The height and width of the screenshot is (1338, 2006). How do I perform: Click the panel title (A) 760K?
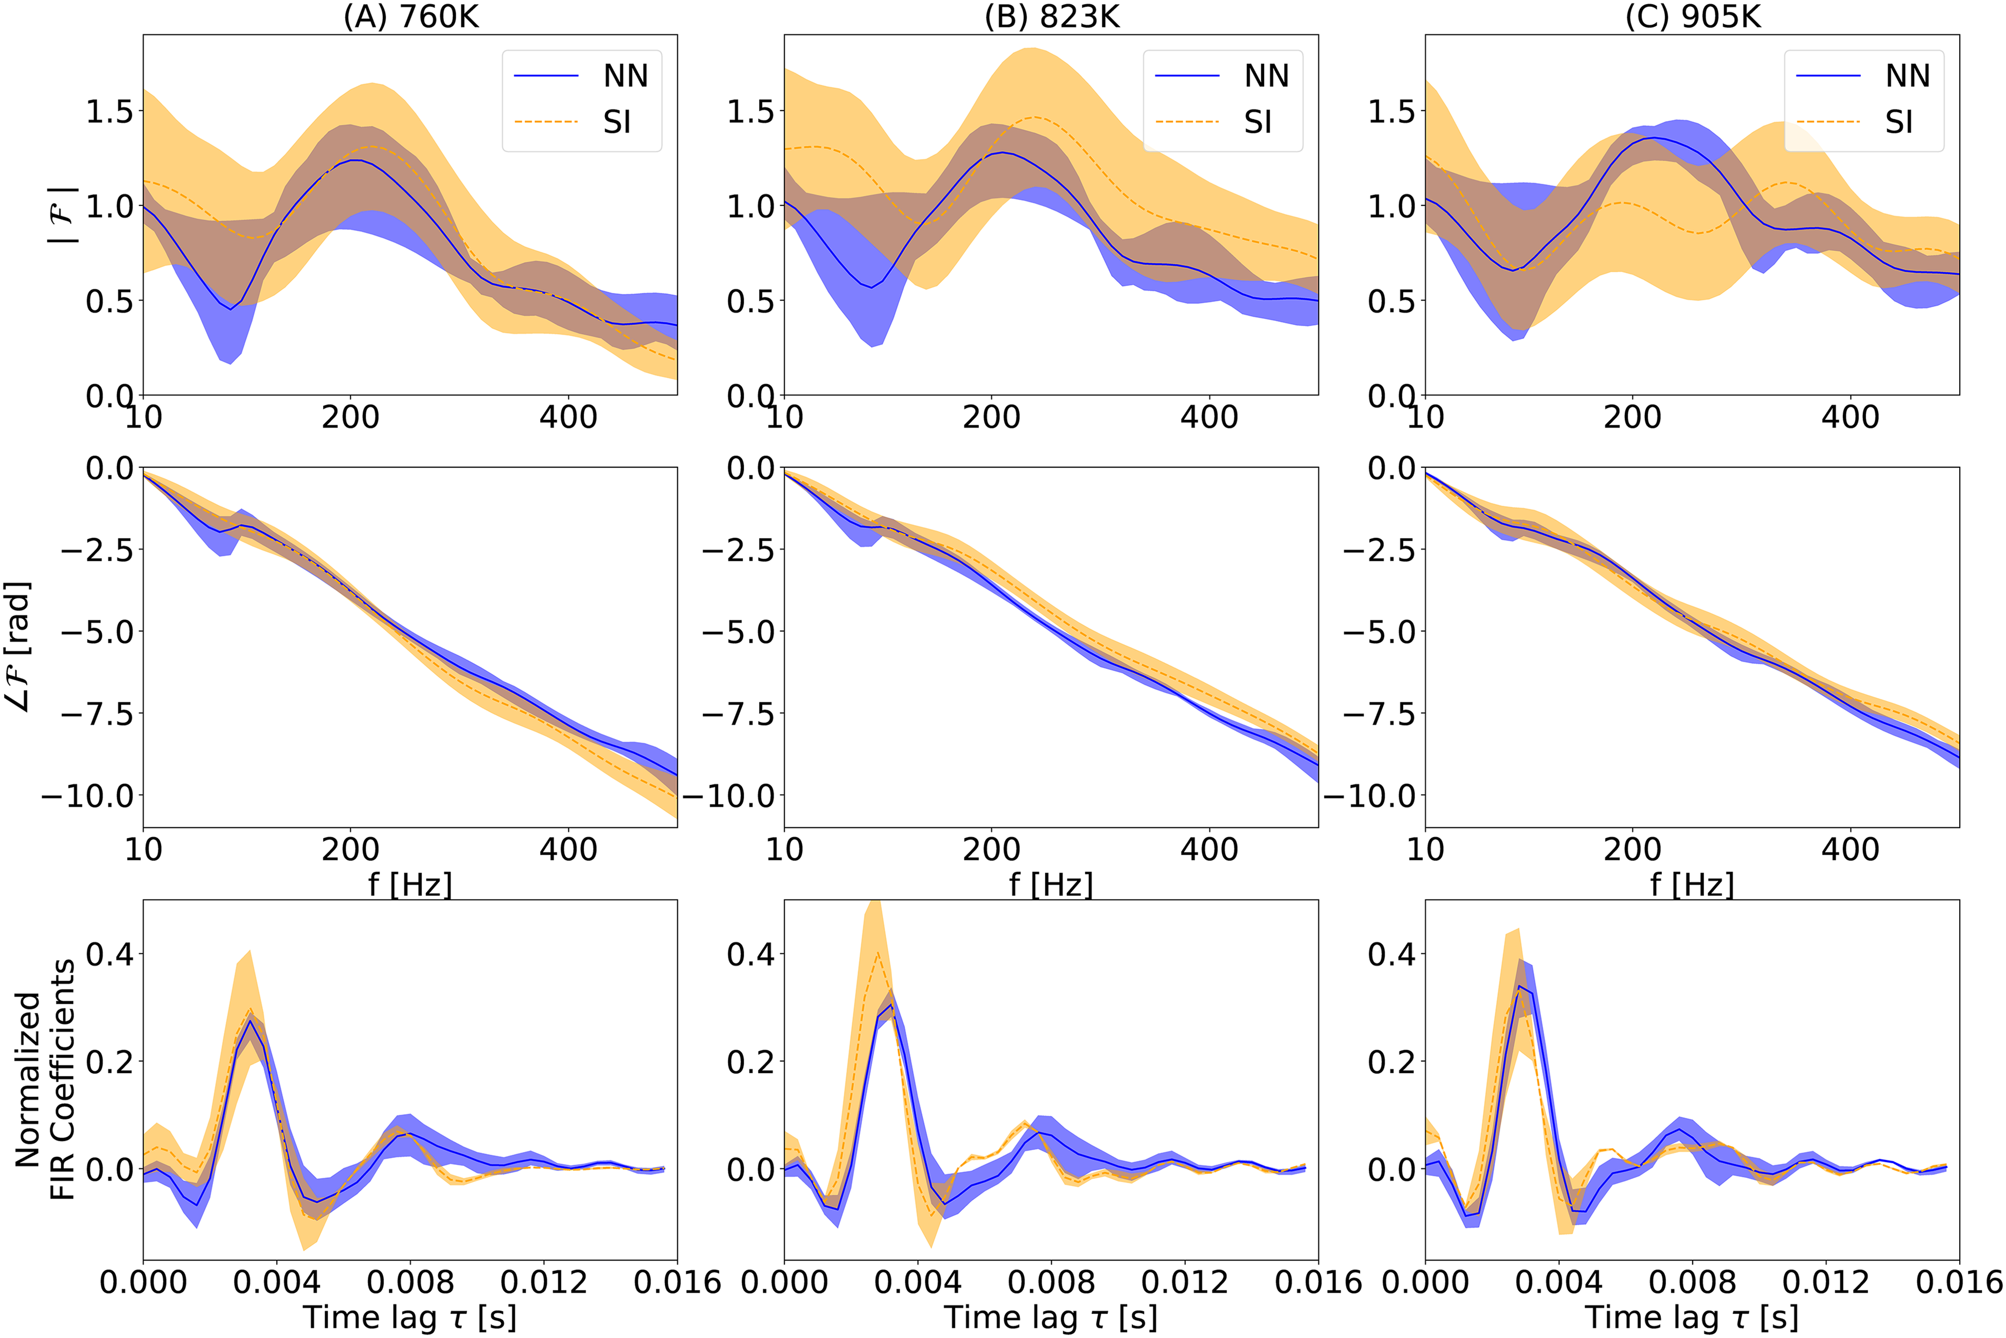point(411,16)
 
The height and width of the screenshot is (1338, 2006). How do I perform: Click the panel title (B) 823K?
point(1052,16)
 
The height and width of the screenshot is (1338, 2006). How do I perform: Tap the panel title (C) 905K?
point(1693,16)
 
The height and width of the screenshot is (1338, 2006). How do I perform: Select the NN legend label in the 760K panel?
point(626,76)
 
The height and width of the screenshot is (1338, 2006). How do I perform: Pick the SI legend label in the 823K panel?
point(1258,122)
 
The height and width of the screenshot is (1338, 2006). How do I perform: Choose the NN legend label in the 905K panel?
point(1908,76)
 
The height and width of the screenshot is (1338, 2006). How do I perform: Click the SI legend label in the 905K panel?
point(1900,122)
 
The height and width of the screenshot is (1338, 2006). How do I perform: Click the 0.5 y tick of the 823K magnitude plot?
point(750,301)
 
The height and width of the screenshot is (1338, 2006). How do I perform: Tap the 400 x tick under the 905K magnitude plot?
point(1850,417)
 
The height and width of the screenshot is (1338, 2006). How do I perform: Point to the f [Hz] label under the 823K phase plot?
point(1051,885)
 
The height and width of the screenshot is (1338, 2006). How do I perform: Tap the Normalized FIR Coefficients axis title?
point(44,1080)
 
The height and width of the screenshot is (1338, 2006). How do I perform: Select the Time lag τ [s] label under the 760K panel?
point(410,1317)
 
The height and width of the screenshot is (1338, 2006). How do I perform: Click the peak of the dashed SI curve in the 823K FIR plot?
point(877,953)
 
